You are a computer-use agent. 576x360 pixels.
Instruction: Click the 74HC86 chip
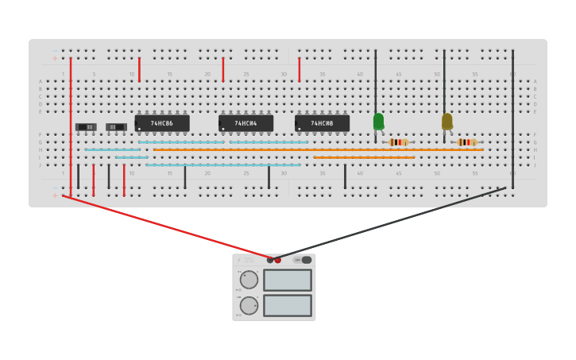(x=162, y=123)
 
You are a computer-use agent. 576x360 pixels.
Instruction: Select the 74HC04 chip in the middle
(x=245, y=123)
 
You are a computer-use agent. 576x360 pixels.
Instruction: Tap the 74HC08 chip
(x=322, y=123)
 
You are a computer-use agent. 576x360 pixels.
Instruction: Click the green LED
(x=378, y=121)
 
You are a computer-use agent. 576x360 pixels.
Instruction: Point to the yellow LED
(x=446, y=121)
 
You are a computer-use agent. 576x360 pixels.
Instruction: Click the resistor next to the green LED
(x=398, y=142)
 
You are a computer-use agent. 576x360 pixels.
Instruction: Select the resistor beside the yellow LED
(x=467, y=142)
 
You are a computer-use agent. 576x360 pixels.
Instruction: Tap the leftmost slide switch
(x=86, y=127)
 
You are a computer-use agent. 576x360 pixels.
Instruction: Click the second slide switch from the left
(x=116, y=127)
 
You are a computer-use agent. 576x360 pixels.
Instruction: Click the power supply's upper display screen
(x=287, y=280)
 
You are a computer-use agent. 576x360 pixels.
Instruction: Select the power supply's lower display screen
(x=287, y=305)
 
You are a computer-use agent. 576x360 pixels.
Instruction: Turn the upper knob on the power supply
(x=249, y=280)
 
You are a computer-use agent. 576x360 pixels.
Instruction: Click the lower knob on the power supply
(x=249, y=305)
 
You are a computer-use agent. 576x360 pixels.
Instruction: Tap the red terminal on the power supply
(x=277, y=260)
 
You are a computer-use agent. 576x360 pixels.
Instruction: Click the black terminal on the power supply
(x=270, y=260)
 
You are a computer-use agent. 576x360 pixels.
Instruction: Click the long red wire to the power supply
(x=167, y=226)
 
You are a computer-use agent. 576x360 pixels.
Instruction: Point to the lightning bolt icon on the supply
(x=238, y=260)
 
